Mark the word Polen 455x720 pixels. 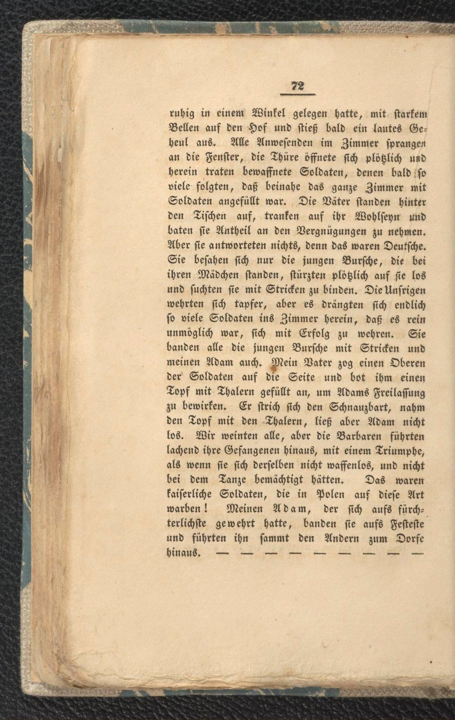(319, 495)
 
